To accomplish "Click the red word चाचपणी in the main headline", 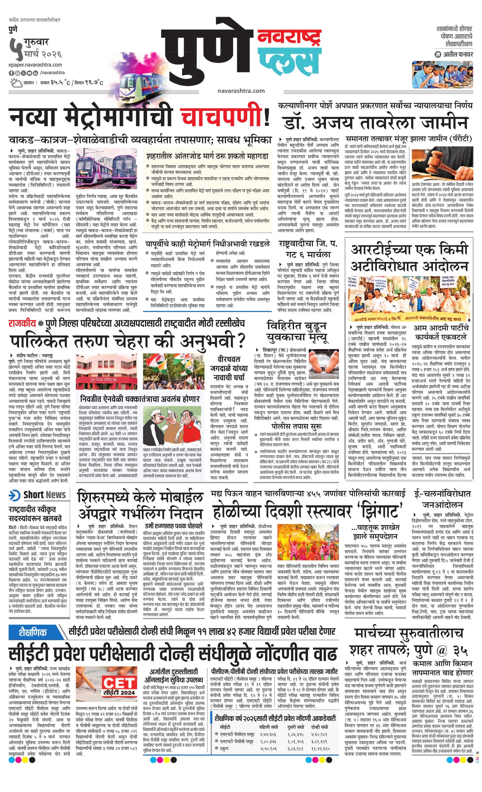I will coord(222,117).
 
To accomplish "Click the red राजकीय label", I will coord(22,323).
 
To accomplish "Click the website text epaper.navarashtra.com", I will coord(35,65).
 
